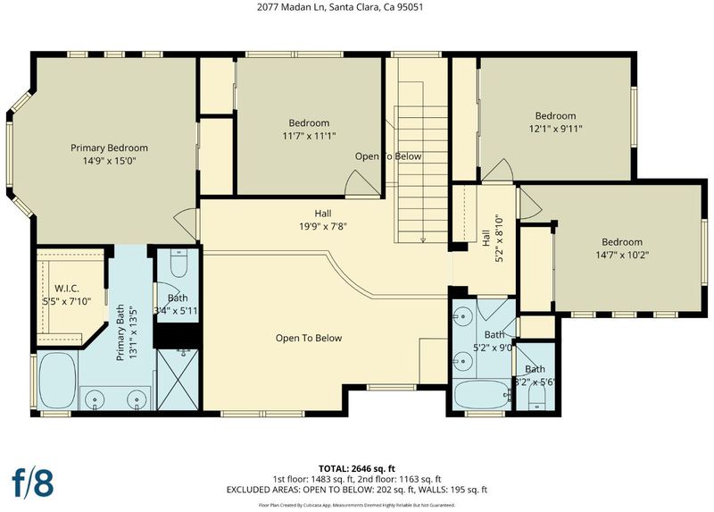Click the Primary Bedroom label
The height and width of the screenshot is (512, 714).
[x=109, y=147]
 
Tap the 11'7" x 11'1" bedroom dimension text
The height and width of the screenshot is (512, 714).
[x=309, y=136]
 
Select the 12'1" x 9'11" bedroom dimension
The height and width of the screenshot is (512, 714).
[x=555, y=129]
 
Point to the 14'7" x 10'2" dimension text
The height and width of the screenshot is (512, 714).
[x=622, y=255]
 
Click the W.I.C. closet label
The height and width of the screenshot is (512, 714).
[x=67, y=289]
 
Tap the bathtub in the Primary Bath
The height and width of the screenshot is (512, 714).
[x=57, y=381]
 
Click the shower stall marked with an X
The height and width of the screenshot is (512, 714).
[x=178, y=380]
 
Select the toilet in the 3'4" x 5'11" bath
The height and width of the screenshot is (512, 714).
[x=178, y=264]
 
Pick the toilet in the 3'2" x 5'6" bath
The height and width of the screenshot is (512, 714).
[x=537, y=401]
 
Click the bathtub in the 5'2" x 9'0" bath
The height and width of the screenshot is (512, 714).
[x=482, y=394]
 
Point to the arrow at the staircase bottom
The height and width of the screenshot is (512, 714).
[x=422, y=239]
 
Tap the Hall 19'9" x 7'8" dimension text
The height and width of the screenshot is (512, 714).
[x=323, y=226]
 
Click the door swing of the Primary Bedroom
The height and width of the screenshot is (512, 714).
[x=186, y=223]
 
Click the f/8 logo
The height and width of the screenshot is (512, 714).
[x=32, y=483]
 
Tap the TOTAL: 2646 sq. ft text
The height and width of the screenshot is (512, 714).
[x=356, y=469]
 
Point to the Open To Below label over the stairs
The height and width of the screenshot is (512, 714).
[x=388, y=156]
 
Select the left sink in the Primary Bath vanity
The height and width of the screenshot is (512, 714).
[x=95, y=399]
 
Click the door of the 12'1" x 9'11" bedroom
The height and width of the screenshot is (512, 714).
[x=498, y=170]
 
